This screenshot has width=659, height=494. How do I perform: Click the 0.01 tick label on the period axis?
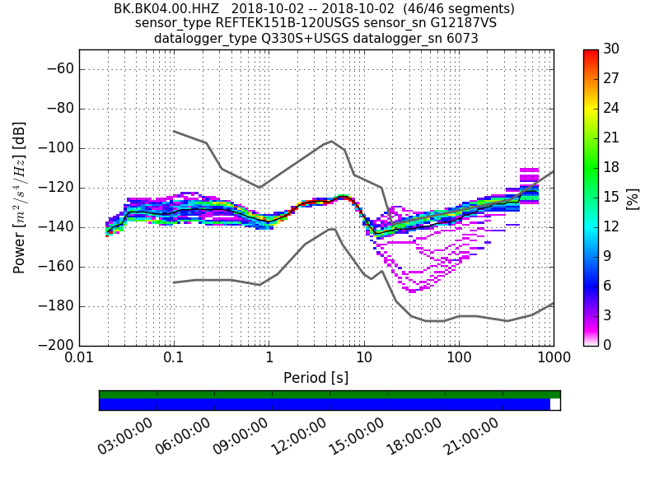79,360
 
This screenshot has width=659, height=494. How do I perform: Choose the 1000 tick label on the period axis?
553,360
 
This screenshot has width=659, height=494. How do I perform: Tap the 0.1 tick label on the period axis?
174,360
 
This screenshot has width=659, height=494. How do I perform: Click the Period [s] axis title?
315,378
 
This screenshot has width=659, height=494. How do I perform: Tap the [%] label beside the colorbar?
633,198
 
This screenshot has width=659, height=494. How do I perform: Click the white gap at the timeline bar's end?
555,404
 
